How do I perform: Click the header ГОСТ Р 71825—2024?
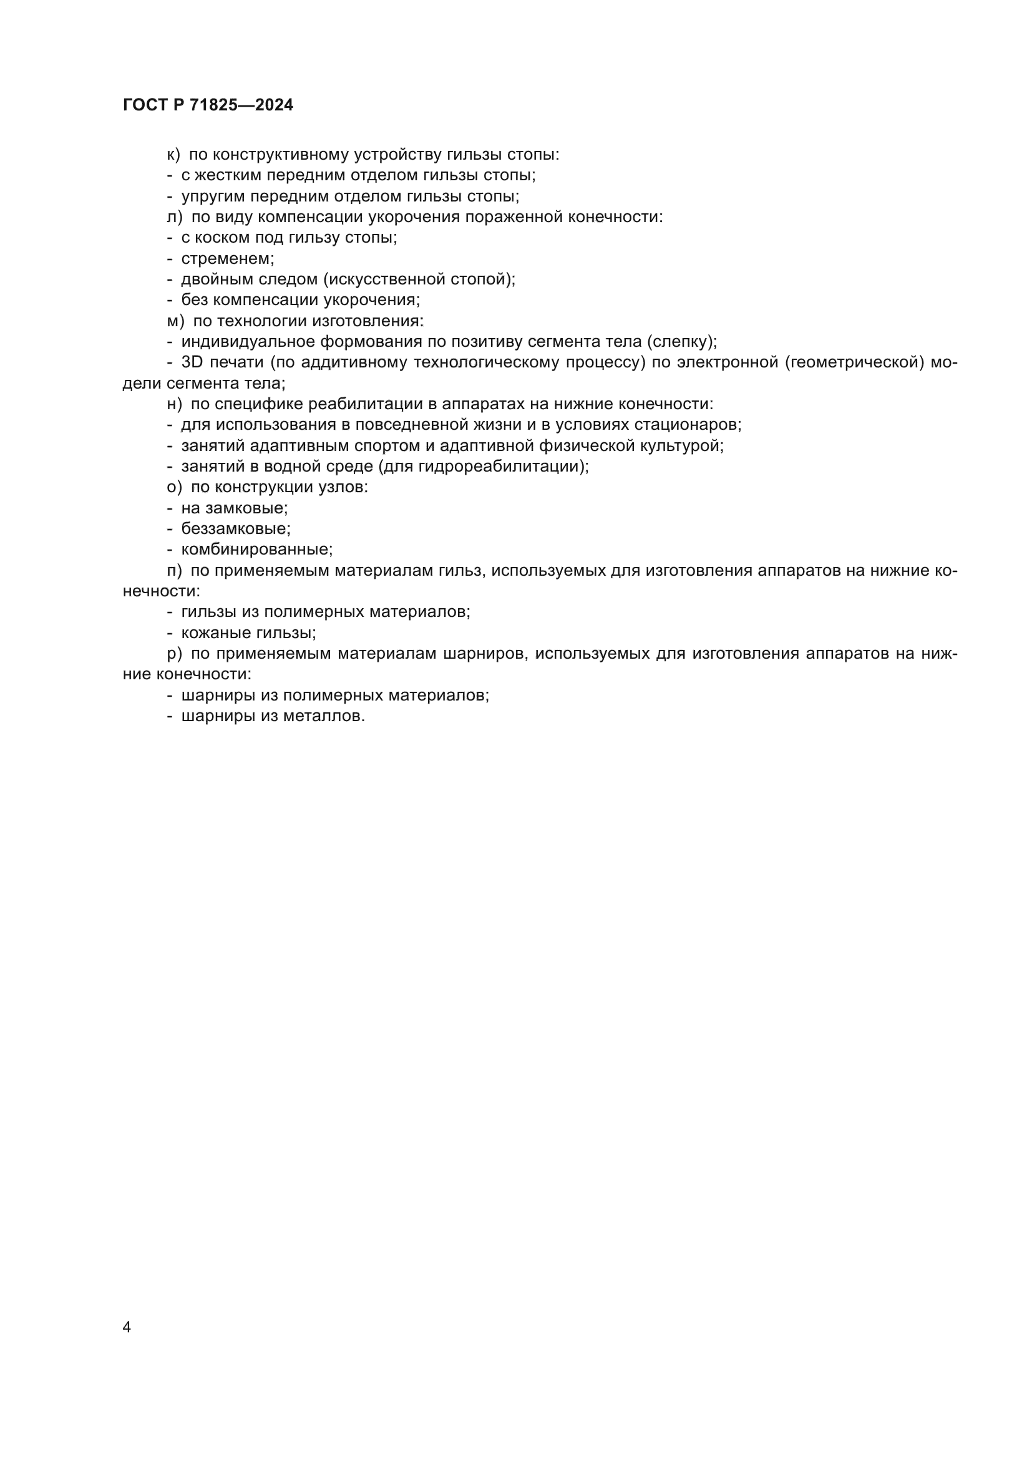click(x=208, y=105)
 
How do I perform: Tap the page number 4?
click(x=127, y=1327)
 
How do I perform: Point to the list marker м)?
click(x=175, y=321)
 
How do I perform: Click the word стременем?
click(x=227, y=259)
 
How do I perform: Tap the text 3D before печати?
click(x=192, y=362)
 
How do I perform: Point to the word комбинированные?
click(x=256, y=549)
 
